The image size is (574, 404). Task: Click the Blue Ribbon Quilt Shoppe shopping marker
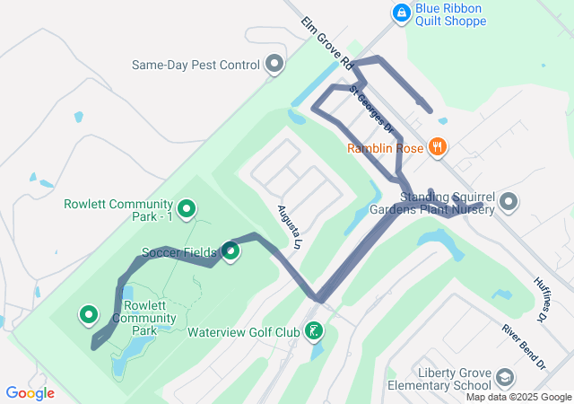401,13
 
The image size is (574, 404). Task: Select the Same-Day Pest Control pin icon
274,65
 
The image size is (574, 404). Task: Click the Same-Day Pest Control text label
196,65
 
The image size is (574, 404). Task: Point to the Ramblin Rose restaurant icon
438,147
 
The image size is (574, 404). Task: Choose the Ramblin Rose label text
385,148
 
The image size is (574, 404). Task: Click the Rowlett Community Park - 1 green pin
187,209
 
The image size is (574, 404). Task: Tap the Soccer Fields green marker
230,251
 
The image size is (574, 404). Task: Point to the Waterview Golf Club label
243,332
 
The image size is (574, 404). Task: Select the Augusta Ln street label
288,226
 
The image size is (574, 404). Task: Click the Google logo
30,393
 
